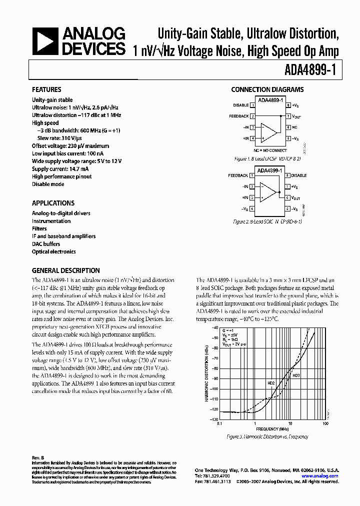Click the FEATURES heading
coord(46,90)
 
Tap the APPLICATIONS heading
coord(53,203)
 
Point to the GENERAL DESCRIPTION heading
coord(65,270)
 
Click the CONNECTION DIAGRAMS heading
coord(267,90)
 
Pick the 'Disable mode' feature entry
coord(48,184)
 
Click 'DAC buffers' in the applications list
coord(46,244)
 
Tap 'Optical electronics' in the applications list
coord(54,252)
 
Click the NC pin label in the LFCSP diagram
coord(295,127)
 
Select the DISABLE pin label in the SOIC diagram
coord(299,175)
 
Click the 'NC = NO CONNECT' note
coord(270,150)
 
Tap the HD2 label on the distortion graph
coord(271,383)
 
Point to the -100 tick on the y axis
coord(215,388)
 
